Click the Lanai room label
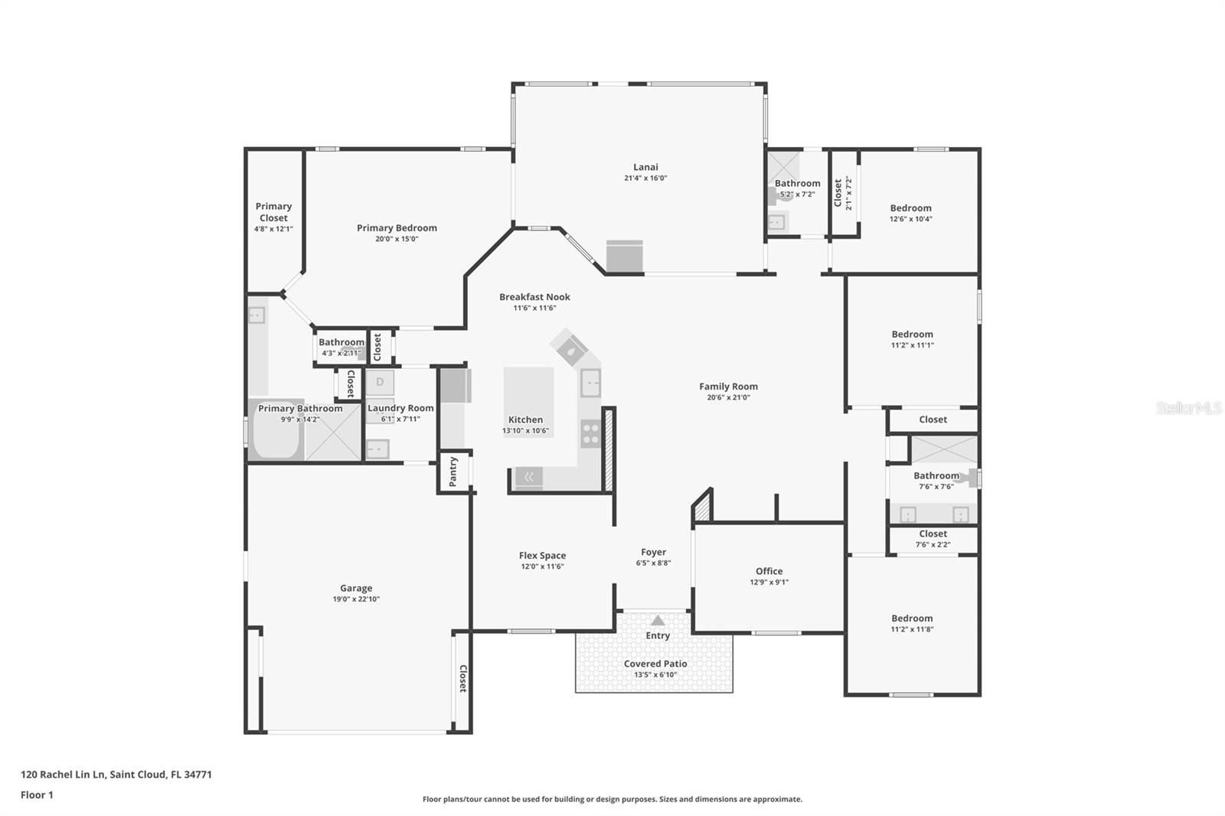pyautogui.click(x=645, y=167)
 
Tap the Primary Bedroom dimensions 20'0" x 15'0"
pyautogui.click(x=397, y=239)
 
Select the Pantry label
pyautogui.click(x=453, y=472)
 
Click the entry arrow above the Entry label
pyautogui.click(x=658, y=621)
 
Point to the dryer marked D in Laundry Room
pyautogui.click(x=380, y=382)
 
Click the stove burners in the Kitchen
pyautogui.click(x=590, y=434)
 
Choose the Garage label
pyautogui.click(x=356, y=588)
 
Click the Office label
pyautogui.click(x=769, y=571)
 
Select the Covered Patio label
pyautogui.click(x=655, y=664)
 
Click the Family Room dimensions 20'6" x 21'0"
pyautogui.click(x=728, y=397)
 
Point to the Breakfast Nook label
pyautogui.click(x=534, y=297)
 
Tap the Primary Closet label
pyautogui.click(x=273, y=212)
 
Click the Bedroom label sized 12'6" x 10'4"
pyautogui.click(x=910, y=208)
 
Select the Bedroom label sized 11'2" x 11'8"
pyautogui.click(x=912, y=619)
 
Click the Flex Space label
pyautogui.click(x=542, y=556)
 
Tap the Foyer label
pyautogui.click(x=653, y=552)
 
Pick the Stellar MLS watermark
pyautogui.click(x=1188, y=409)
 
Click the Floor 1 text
pyautogui.click(x=37, y=795)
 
